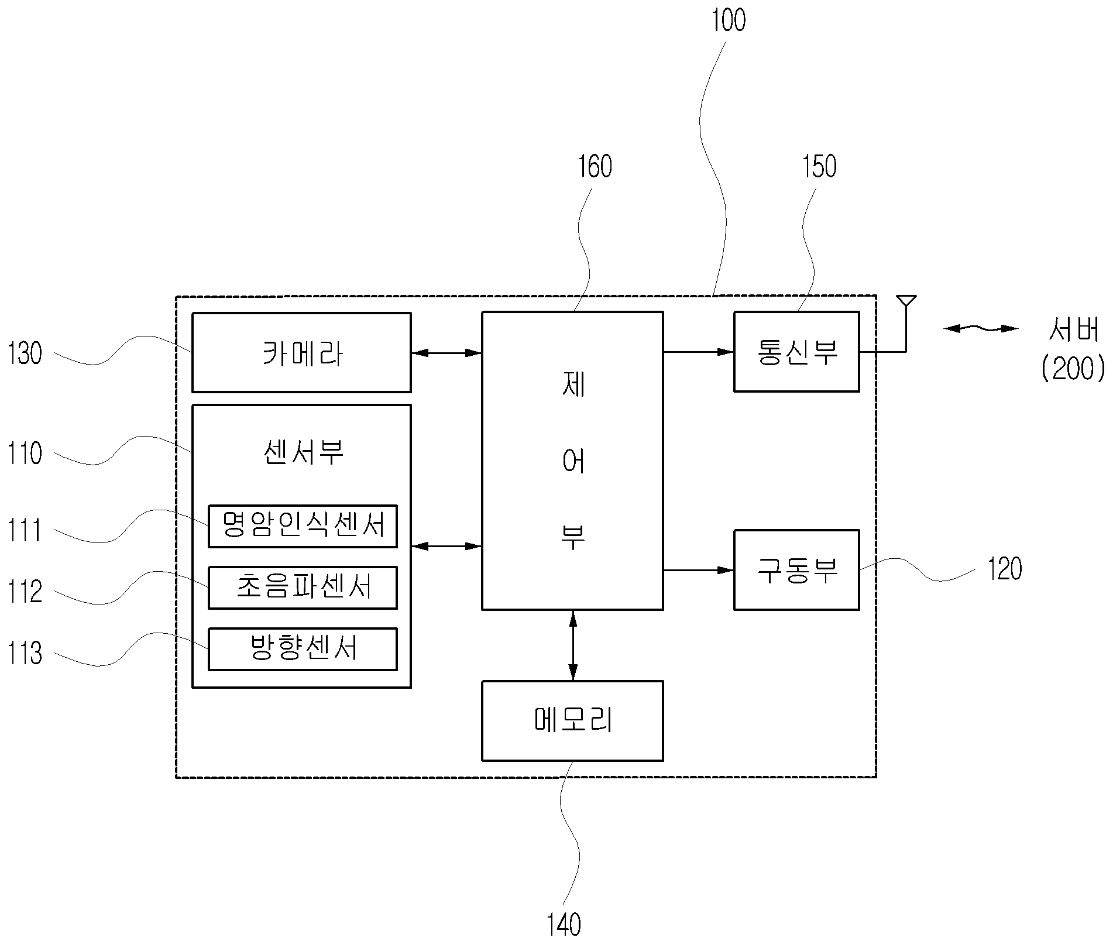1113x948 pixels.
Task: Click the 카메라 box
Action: pos(301,352)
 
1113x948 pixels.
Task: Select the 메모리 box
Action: pos(572,721)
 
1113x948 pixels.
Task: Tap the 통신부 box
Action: pos(796,352)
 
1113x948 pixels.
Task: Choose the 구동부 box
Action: pos(796,570)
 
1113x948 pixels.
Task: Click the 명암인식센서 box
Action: pos(303,526)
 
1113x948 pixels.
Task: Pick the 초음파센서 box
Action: pos(303,588)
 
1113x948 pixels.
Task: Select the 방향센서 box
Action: pos(303,649)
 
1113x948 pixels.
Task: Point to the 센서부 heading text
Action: pos(303,452)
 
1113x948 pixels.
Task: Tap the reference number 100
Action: pos(729,20)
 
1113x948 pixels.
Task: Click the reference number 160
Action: pos(595,166)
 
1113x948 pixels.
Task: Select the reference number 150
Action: pos(819,166)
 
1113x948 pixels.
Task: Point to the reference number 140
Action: pos(564,925)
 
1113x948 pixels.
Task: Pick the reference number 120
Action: pos(1005,568)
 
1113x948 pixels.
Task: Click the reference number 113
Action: pos(25,653)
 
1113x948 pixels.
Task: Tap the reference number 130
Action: pos(25,353)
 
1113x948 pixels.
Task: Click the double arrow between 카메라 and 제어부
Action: pos(446,353)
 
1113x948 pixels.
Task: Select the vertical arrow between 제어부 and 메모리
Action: pos(573,645)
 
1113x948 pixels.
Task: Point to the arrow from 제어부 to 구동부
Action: pos(699,570)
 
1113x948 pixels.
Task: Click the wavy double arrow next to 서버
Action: pos(981,329)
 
